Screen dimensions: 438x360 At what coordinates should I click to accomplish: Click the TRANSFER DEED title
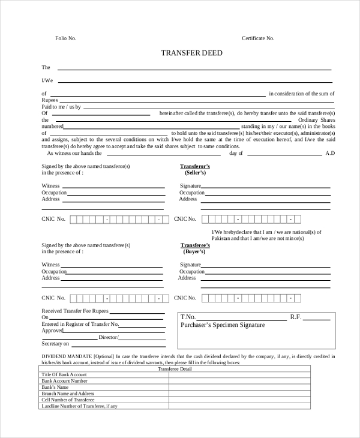click(x=191, y=53)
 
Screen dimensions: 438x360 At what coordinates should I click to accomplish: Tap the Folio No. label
click(x=66, y=38)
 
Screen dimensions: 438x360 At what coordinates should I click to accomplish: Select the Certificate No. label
click(x=257, y=38)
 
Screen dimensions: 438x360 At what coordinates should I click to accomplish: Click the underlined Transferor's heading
click(x=195, y=166)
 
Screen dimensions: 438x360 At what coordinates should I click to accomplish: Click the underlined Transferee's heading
click(x=195, y=245)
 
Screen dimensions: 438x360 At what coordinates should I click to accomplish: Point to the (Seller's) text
click(x=195, y=173)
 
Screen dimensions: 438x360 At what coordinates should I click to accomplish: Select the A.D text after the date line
click(x=330, y=153)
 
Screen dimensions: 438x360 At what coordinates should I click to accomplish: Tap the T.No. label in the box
click(x=188, y=317)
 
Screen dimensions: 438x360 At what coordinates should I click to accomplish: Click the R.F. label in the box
click(x=295, y=317)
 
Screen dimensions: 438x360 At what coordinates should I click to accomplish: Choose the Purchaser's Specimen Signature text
click(x=223, y=325)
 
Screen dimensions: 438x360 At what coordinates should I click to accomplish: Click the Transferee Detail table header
click(x=175, y=369)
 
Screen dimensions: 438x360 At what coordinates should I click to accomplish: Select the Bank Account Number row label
click(x=64, y=381)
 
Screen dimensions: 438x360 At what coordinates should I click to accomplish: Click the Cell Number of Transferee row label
click(x=68, y=400)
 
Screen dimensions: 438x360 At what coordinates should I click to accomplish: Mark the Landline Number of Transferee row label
click(x=79, y=406)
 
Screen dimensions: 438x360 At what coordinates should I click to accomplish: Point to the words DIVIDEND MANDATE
click(x=63, y=356)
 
